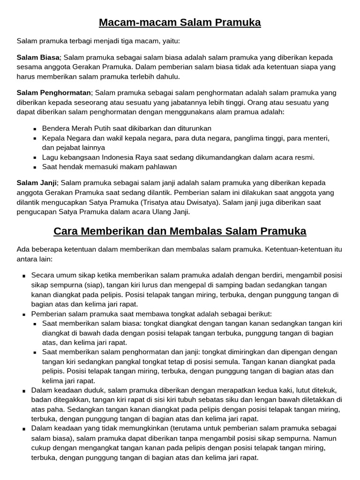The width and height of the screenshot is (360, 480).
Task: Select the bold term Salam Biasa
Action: tap(38, 57)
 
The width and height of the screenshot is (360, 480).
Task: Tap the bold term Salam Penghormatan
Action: tap(54, 93)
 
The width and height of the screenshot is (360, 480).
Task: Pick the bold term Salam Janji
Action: tap(37, 183)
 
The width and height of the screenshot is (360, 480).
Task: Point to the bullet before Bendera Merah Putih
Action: tap(35, 129)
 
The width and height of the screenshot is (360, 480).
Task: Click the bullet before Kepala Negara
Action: tap(35, 138)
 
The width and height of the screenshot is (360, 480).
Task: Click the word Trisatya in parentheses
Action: tap(157, 202)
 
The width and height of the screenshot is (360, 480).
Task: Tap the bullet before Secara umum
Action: tap(24, 276)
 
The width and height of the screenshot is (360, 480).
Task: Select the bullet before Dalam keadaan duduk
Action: tap(24, 390)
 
